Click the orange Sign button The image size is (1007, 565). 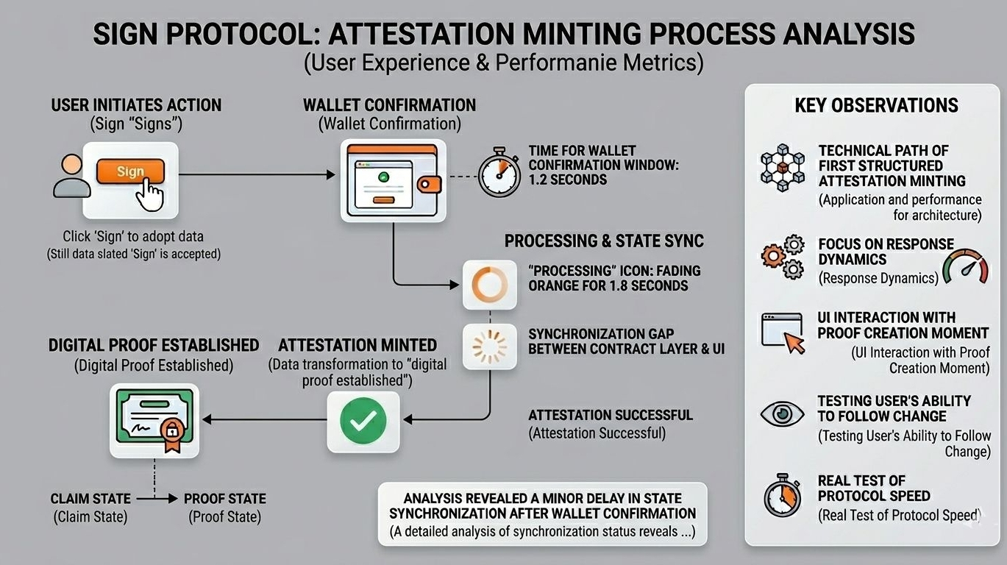click(130, 172)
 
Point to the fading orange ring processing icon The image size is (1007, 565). click(484, 285)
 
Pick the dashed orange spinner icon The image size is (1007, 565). click(484, 345)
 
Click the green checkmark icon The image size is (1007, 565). click(363, 421)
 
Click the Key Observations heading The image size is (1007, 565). click(876, 105)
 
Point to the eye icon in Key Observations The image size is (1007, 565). click(782, 413)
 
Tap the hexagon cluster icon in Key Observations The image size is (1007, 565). click(783, 168)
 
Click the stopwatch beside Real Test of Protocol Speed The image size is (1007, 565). click(781, 494)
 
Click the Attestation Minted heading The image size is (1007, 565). click(357, 345)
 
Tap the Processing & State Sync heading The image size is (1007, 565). click(604, 241)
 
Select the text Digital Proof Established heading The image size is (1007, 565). click(154, 345)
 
